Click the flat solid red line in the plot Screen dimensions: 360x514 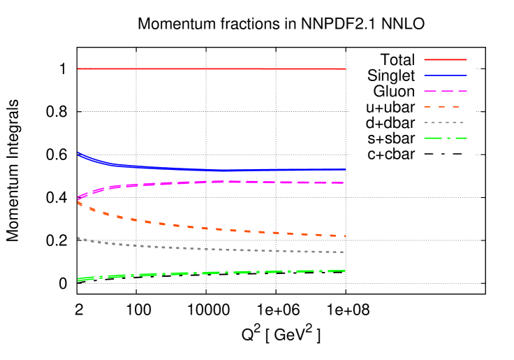[x=210, y=69]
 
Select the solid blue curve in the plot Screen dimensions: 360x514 [x=210, y=170]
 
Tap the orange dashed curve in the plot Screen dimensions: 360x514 [x=210, y=228]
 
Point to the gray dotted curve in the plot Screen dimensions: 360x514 [x=210, y=249]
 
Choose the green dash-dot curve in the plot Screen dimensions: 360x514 [x=210, y=273]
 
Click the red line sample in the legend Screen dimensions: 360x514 [x=445, y=59]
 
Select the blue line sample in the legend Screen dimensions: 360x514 [x=445, y=75]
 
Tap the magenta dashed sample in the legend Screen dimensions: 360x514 [x=445, y=91]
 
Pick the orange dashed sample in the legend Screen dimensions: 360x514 [x=441, y=107]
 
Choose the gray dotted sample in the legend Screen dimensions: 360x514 [x=444, y=122]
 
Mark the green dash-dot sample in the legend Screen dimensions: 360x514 [x=445, y=138]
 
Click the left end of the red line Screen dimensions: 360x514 [x=78, y=69]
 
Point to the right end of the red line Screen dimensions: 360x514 [x=346, y=69]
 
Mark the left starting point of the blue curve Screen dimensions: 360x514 [x=78, y=153]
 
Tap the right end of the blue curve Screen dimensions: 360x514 [x=346, y=169]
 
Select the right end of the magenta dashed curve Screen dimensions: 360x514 [x=344, y=182]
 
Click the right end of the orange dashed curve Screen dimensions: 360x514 [x=345, y=236]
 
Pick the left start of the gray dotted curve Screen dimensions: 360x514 [x=78, y=238]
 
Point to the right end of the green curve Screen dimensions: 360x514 [x=345, y=271]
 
